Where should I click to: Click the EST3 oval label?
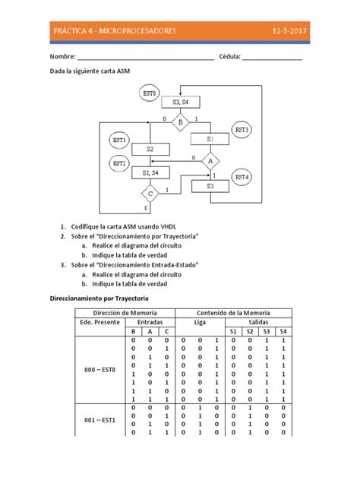[x=242, y=131]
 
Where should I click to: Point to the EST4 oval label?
[x=242, y=177]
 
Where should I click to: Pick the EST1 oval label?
[x=119, y=140]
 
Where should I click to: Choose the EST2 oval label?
[x=119, y=163]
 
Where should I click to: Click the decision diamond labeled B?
[x=180, y=122]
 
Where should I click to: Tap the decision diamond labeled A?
[x=210, y=160]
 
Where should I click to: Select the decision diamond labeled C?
[x=150, y=194]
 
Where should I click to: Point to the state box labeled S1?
[x=210, y=140]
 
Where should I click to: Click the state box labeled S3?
[x=210, y=185]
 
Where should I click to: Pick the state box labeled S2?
[x=150, y=149]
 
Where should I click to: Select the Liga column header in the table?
[x=201, y=322]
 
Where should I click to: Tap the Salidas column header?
[x=258, y=322]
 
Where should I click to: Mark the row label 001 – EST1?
[x=99, y=420]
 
